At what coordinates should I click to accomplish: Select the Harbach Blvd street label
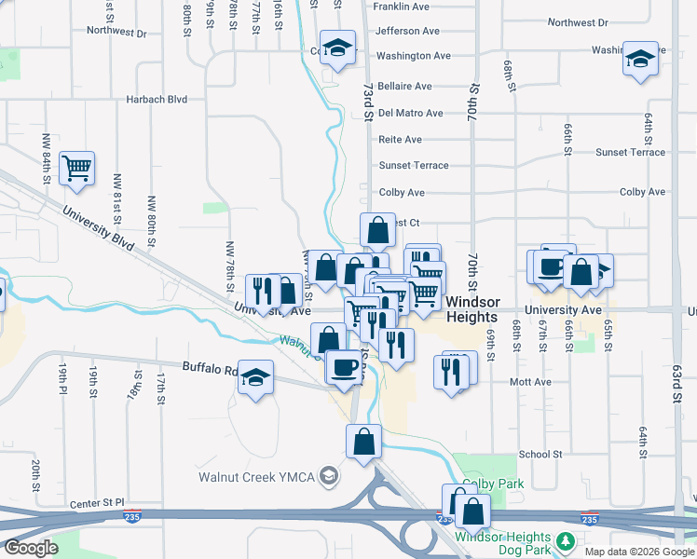click(x=157, y=98)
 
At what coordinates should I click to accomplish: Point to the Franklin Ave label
click(x=400, y=7)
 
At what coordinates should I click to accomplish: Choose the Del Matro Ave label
click(x=410, y=114)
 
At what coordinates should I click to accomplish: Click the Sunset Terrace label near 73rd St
click(x=413, y=166)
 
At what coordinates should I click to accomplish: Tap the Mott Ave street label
click(x=530, y=382)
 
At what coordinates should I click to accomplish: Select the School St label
click(x=541, y=455)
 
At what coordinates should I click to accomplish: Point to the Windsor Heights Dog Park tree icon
click(x=564, y=541)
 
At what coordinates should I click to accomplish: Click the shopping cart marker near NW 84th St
click(x=76, y=169)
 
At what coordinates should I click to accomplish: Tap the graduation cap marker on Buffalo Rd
click(x=255, y=377)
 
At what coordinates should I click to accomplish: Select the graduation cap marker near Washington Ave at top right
click(x=640, y=59)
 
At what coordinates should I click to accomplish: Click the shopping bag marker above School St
click(x=363, y=442)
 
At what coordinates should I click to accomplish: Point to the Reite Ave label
click(x=400, y=140)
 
